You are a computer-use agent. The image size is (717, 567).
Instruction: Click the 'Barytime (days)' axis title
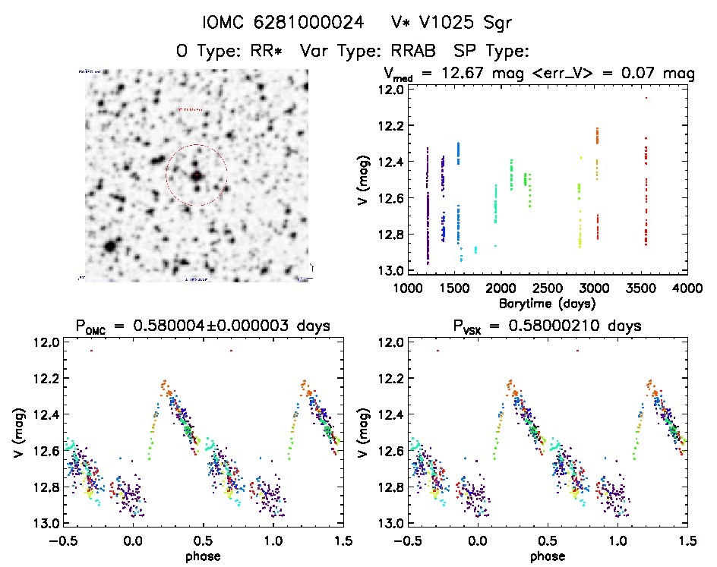[546, 302]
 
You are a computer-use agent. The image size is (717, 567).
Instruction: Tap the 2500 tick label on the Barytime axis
[546, 288]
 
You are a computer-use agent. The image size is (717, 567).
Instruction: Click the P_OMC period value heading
[202, 327]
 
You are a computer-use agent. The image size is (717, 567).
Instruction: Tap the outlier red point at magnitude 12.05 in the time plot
[646, 97]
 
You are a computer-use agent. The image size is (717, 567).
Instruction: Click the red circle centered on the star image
[196, 175]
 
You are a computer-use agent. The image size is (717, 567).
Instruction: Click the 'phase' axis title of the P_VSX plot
[546, 555]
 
